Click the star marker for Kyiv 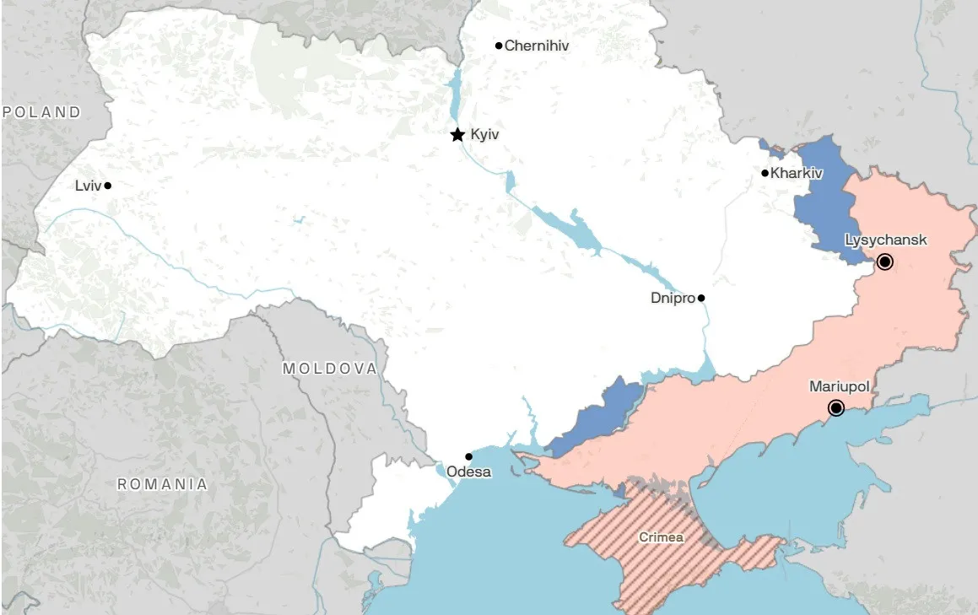tap(457, 135)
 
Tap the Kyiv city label tap(485, 135)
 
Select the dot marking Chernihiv tap(499, 46)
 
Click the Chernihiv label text tap(537, 46)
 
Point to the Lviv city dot tap(108, 186)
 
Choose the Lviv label tap(88, 186)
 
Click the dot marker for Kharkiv tap(765, 173)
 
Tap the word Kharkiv tap(797, 173)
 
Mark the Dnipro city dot tap(701, 298)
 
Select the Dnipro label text tap(673, 298)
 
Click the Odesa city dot tap(469, 456)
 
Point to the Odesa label tap(469, 472)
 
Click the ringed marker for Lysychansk tap(884, 262)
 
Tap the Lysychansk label tap(886, 240)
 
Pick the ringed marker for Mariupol tap(836, 408)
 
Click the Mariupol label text tap(840, 386)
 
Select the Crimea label tap(661, 537)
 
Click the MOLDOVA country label tap(330, 369)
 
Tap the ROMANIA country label tap(162, 484)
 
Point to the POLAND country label tap(41, 111)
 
